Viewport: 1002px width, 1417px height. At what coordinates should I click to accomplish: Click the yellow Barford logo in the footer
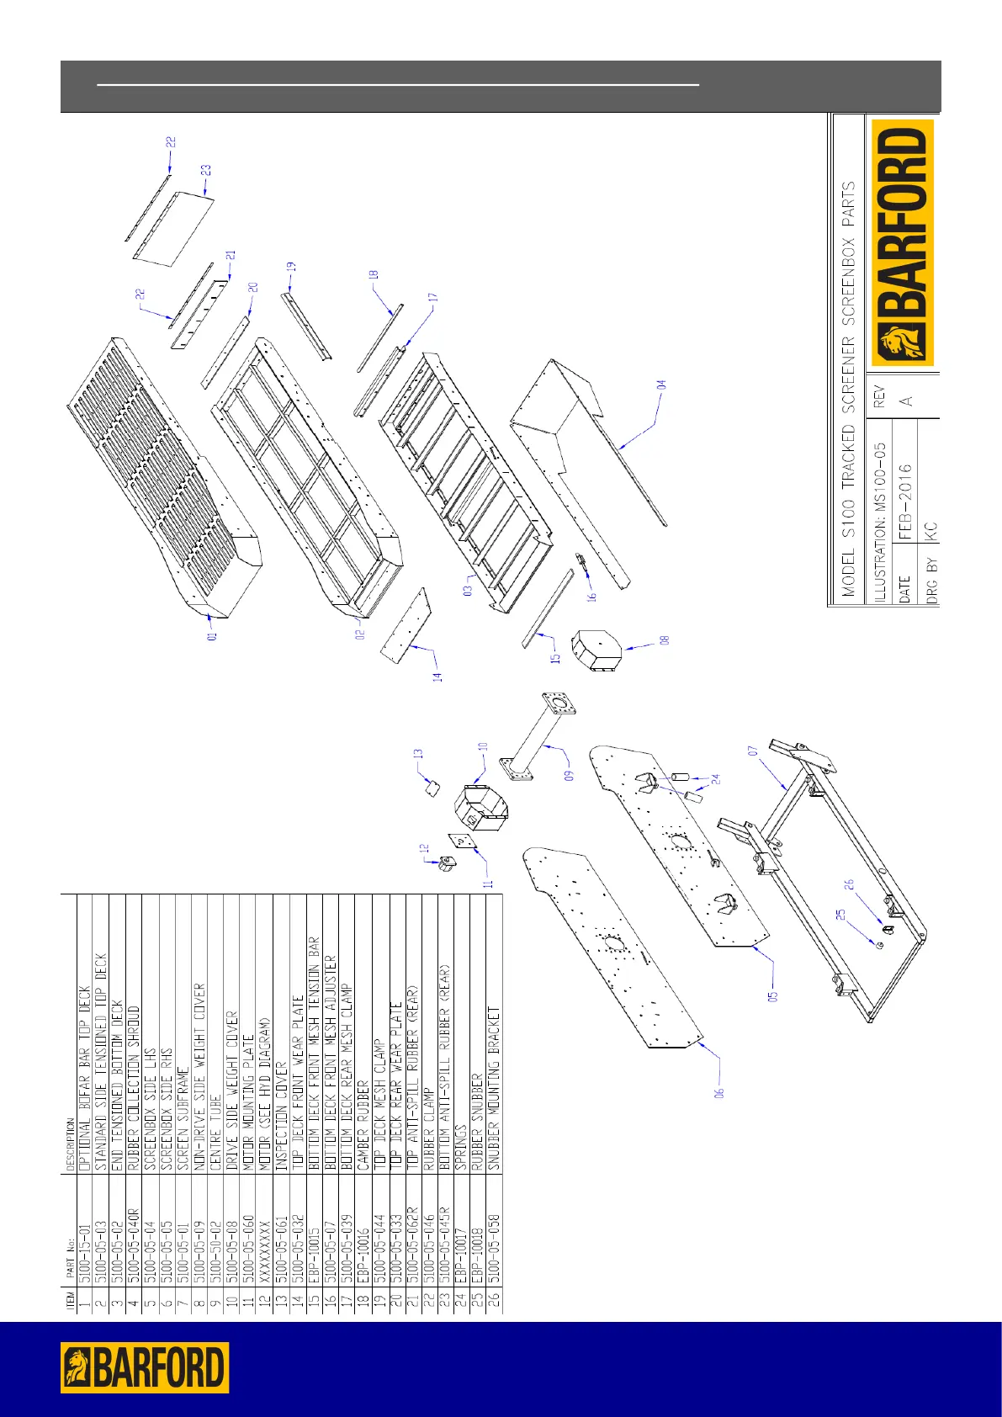[x=144, y=1367]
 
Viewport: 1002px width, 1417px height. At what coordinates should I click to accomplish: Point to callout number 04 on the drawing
[x=662, y=385]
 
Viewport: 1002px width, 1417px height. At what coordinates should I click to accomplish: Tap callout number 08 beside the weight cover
[x=665, y=640]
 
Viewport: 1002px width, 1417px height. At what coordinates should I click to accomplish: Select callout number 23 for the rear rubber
[x=205, y=170]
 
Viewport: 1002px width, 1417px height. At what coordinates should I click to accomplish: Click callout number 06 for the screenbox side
[x=720, y=1092]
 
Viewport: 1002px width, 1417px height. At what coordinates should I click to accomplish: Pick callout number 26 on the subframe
[x=850, y=884]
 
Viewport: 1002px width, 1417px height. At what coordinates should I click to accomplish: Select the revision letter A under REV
[x=905, y=401]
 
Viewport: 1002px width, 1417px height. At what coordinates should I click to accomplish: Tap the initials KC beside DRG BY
[x=930, y=531]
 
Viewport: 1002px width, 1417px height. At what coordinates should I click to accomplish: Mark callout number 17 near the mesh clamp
[x=432, y=298]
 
